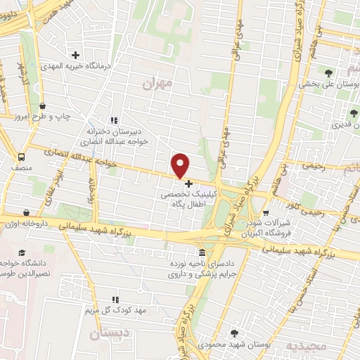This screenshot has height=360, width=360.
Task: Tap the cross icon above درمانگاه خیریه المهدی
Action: coord(75,54)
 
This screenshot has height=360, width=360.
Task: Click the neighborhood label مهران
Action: coord(156,84)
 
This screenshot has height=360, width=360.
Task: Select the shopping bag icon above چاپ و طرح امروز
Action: coord(43,105)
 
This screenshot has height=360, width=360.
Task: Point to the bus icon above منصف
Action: coord(22,157)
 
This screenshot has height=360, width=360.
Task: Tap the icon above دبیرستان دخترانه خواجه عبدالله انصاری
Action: coord(114,120)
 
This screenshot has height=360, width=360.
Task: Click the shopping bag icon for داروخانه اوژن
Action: coord(26,212)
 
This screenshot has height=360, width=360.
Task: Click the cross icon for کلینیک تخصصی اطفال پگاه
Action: coord(188,184)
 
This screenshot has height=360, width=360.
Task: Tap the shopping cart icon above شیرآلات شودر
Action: coord(265,213)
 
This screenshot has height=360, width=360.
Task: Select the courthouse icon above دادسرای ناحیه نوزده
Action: coord(202,252)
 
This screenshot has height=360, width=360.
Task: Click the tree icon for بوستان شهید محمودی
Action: coord(234,333)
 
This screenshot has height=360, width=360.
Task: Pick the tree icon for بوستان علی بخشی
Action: coord(328,72)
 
